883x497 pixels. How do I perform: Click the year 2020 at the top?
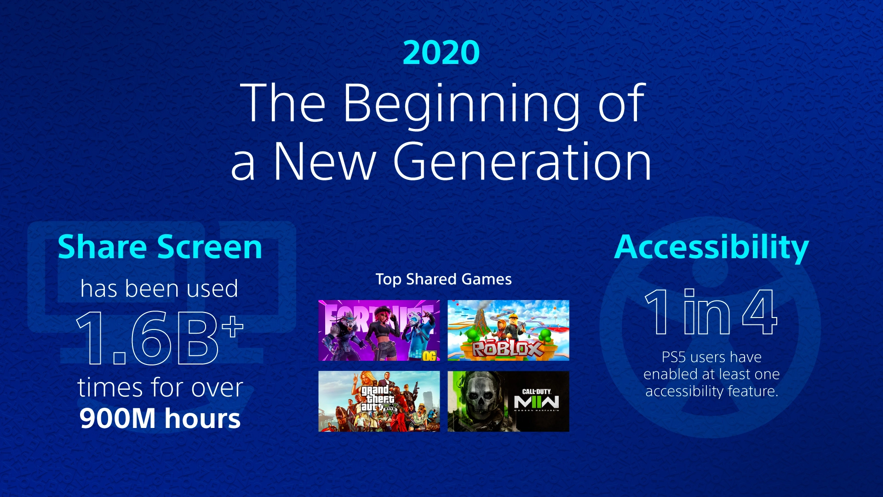[x=441, y=52]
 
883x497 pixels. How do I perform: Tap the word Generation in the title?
[x=522, y=162]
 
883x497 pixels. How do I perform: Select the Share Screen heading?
[x=160, y=248]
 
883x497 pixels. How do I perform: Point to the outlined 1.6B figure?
[x=147, y=338]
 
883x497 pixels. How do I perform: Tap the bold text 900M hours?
[x=160, y=418]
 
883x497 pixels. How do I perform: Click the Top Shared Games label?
[x=443, y=279]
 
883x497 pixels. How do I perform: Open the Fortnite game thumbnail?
[x=379, y=330]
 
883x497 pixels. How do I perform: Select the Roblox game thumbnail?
[x=508, y=330]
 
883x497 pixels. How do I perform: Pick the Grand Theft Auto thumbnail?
[x=379, y=401]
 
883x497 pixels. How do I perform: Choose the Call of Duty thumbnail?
[x=508, y=401]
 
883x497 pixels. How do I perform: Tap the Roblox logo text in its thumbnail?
[x=508, y=349]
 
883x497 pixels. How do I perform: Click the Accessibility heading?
[x=711, y=248]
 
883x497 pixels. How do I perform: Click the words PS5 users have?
[x=711, y=357]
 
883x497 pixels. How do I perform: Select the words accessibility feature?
[x=711, y=391]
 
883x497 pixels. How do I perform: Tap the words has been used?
[x=159, y=289]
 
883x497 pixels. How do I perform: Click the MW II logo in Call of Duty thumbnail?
[x=536, y=403]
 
